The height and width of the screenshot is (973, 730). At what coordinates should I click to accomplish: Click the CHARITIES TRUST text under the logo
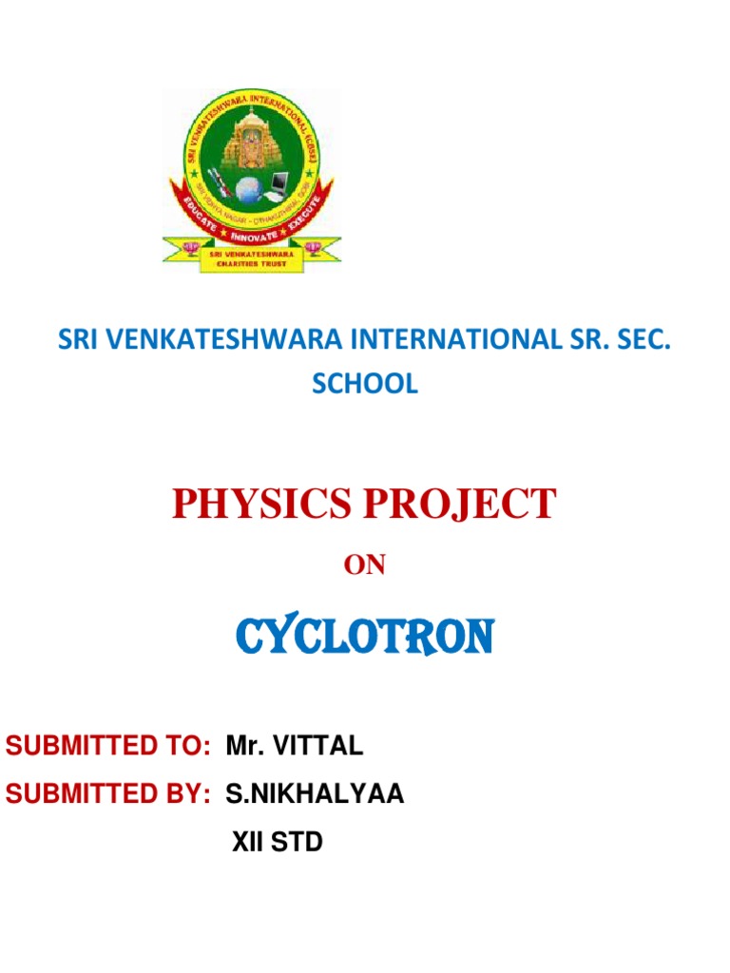250,262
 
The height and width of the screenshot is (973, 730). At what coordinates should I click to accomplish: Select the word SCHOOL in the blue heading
365,384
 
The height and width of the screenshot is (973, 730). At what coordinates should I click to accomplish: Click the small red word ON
364,565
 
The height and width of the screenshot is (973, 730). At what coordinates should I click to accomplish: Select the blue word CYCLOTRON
364,636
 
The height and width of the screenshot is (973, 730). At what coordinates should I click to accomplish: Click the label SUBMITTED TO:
107,747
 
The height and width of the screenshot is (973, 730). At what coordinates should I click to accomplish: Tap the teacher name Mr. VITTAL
295,747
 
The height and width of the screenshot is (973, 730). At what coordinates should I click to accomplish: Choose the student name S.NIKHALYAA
315,794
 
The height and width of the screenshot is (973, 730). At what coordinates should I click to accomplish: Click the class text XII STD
278,842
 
